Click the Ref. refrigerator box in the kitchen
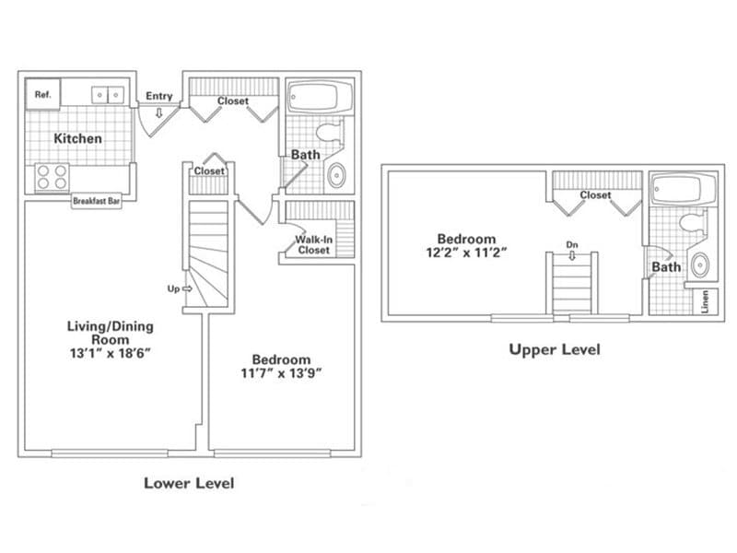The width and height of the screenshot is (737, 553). (42, 94)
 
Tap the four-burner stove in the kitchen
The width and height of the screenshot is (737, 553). (52, 176)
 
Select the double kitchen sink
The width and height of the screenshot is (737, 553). (108, 94)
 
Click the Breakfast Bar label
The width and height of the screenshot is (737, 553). (98, 201)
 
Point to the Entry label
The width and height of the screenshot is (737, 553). (159, 96)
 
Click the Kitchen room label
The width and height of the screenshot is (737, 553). (77, 138)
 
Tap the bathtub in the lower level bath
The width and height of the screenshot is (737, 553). (319, 97)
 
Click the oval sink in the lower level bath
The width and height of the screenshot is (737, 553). (337, 173)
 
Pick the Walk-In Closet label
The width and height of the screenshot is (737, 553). (312, 244)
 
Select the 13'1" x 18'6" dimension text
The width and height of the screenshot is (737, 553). (110, 352)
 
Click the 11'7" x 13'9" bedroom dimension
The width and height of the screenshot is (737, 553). (282, 373)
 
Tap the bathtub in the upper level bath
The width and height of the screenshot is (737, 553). (682, 189)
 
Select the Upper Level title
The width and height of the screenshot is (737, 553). (555, 349)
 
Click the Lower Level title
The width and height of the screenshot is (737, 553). (189, 483)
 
